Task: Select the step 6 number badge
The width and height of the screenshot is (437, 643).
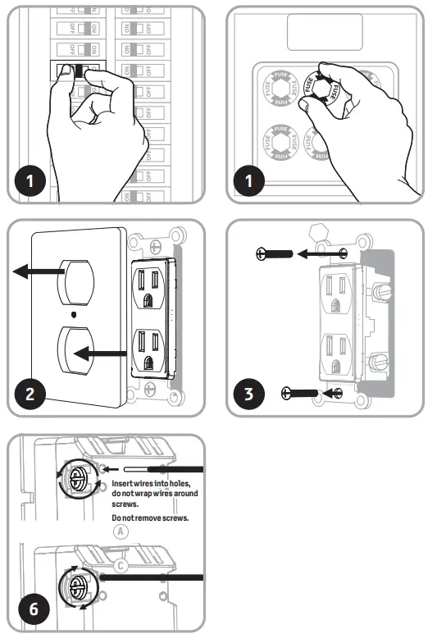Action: pyautogui.click(x=32, y=609)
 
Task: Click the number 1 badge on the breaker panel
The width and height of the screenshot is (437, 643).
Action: pyautogui.click(x=32, y=179)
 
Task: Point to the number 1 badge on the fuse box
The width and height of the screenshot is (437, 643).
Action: pyautogui.click(x=251, y=179)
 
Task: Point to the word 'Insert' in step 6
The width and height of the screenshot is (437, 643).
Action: pyautogui.click(x=124, y=485)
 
